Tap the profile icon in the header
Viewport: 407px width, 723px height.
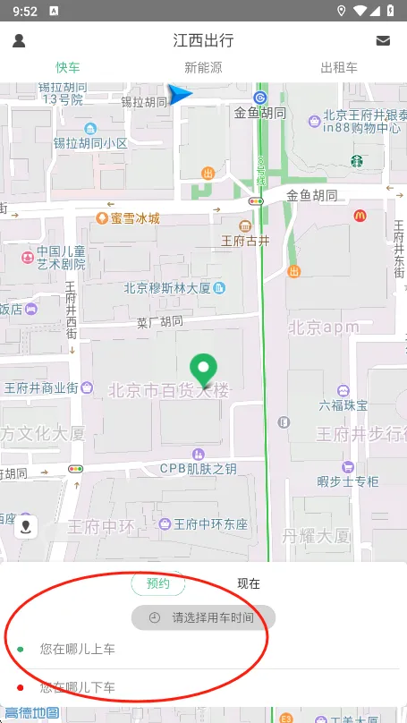(x=19, y=40)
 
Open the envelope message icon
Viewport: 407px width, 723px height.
(x=383, y=40)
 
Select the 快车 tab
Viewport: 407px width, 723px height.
(x=68, y=67)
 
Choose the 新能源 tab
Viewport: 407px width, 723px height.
(x=203, y=67)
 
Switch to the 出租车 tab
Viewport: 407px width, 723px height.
(x=339, y=67)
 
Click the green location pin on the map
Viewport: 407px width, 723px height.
(x=205, y=369)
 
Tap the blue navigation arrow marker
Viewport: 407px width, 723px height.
(x=181, y=95)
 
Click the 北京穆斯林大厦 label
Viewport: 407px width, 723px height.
(x=167, y=288)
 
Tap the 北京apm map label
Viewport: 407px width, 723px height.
(x=324, y=327)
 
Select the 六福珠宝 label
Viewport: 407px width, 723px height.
(x=343, y=405)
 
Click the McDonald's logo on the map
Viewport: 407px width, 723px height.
(x=360, y=215)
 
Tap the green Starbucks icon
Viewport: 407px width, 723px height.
(x=356, y=161)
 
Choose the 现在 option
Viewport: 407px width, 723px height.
(x=249, y=583)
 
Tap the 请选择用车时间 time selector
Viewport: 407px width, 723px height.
(x=204, y=617)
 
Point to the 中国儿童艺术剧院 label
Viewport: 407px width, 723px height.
(x=61, y=258)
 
